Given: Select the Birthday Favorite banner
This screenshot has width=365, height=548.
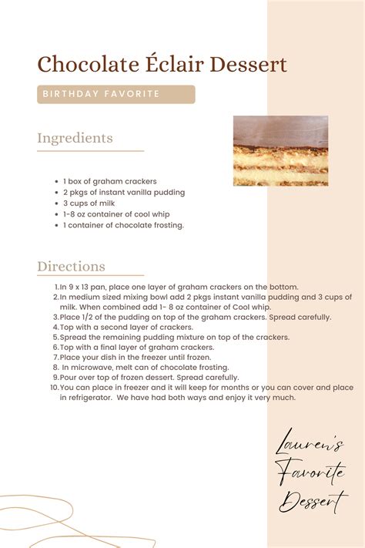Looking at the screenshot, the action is pos(116,94).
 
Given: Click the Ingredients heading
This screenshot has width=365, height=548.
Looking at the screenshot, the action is pos(75,139).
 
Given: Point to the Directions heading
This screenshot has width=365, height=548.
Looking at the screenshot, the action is pos(71,267).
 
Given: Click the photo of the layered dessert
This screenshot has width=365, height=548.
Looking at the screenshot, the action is pos(280,150).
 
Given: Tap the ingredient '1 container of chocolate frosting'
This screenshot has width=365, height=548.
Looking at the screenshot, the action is pos(123,226).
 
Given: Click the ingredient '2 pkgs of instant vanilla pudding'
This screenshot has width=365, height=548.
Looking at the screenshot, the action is pos(123,193).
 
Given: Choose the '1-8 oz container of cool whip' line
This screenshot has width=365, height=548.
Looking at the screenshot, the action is pos(116,214).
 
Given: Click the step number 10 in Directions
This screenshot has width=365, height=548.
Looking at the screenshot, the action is pos(55,388).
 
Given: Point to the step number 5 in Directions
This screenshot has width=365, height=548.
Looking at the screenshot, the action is pos(55,337).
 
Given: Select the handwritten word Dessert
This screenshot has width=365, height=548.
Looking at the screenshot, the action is pos(312,503).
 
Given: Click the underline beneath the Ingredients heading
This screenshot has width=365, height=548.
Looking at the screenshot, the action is pos(90,151).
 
